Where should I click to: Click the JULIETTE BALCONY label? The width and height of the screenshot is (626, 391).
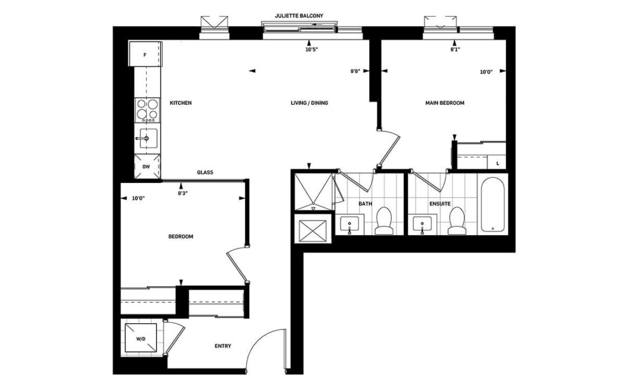pyautogui.click(x=299, y=16)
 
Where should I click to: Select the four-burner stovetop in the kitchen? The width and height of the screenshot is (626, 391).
pyautogui.click(x=147, y=110)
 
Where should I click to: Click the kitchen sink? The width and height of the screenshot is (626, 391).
pyautogui.click(x=147, y=138)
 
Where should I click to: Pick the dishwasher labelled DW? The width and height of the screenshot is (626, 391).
pyautogui.click(x=147, y=166)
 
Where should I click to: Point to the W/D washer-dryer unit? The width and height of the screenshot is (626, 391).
pyautogui.click(x=140, y=339)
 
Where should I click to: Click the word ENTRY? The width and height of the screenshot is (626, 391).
pyautogui.click(x=223, y=346)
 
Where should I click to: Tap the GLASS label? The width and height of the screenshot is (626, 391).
pyautogui.click(x=205, y=173)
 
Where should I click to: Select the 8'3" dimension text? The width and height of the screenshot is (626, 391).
pyautogui.click(x=183, y=193)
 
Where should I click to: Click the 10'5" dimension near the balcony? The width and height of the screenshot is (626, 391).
pyautogui.click(x=311, y=50)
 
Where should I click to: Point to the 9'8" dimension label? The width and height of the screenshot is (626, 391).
pyautogui.click(x=355, y=71)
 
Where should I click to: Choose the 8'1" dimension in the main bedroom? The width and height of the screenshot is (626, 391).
pyautogui.click(x=455, y=50)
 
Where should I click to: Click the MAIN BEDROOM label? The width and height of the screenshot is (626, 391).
pyautogui.click(x=445, y=103)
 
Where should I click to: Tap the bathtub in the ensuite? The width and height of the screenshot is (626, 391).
pyautogui.click(x=493, y=204)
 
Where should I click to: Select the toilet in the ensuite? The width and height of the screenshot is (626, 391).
pyautogui.click(x=457, y=221)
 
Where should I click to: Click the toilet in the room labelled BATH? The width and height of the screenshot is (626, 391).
pyautogui.click(x=384, y=221)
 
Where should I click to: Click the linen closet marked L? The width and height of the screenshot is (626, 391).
pyautogui.click(x=497, y=162)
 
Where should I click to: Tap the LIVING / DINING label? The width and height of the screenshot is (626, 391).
pyautogui.click(x=310, y=103)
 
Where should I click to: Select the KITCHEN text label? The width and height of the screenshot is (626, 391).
pyautogui.click(x=181, y=103)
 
